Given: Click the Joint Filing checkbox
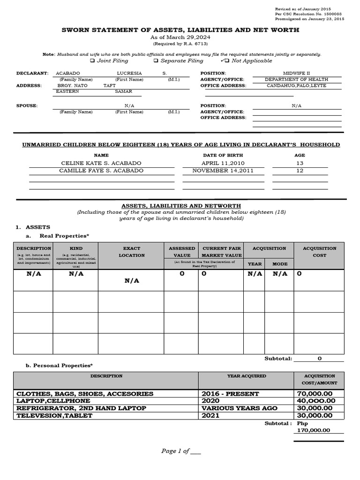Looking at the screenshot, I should [x=92, y=61].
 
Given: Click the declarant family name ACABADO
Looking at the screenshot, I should [x=68, y=74].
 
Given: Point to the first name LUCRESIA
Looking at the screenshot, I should [x=129, y=74].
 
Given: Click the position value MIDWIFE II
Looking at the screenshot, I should [x=297, y=74].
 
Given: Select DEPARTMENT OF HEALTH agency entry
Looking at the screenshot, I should [x=297, y=80].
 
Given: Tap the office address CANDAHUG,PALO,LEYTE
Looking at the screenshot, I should [x=297, y=86].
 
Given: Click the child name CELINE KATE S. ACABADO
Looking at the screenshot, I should [x=101, y=163].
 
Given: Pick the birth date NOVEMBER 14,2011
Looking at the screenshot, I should [x=223, y=171].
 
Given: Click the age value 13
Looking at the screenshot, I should [x=300, y=163].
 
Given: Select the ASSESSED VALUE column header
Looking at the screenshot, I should [x=181, y=252].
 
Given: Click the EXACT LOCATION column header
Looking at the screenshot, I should [x=132, y=252].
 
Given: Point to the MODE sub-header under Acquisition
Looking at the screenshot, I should [x=280, y=264].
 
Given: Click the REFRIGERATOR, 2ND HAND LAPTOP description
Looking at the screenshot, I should [x=81, y=408].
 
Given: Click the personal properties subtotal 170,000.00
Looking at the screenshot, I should [x=312, y=430].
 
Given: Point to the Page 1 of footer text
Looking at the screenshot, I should [x=181, y=451].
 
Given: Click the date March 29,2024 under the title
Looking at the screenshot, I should [x=180, y=37].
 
